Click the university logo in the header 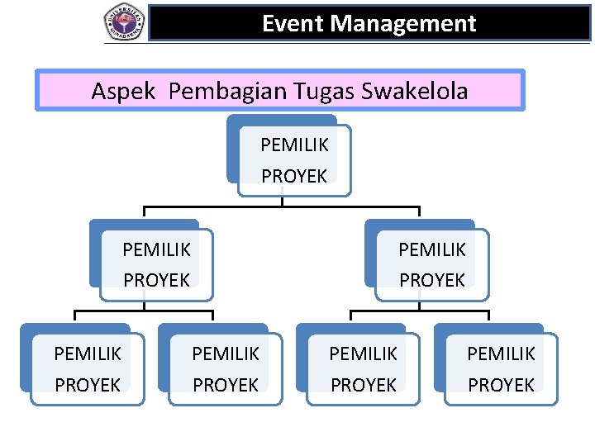point(124,21)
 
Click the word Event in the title point(293,23)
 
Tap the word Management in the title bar point(403,23)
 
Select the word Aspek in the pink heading point(123,91)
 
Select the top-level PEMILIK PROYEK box point(294,159)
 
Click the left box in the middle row point(156,263)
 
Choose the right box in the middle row point(432,263)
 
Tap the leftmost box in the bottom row point(88,368)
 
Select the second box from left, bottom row point(226,368)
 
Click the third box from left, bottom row point(364,368)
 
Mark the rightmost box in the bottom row point(502,368)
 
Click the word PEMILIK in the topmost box point(294,145)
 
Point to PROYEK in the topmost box point(294,175)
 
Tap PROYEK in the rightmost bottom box point(502,385)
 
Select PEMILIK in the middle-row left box point(156,249)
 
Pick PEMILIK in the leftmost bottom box point(88,353)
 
